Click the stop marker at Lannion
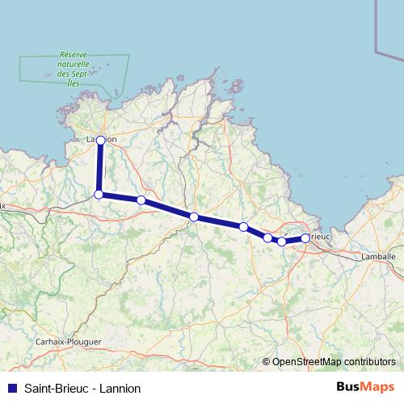coord(100,140)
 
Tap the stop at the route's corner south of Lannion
coord(99,195)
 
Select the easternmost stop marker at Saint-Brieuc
coord(305,238)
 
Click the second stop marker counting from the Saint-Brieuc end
coord(281,242)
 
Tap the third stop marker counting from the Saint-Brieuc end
coord(267,238)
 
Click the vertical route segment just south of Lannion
coord(99,167)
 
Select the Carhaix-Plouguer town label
coord(68,342)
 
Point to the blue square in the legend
coord(11,388)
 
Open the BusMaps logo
coord(366,387)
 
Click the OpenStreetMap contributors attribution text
coord(334,361)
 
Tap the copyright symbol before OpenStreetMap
coord(266,361)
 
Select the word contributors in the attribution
coord(369,361)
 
